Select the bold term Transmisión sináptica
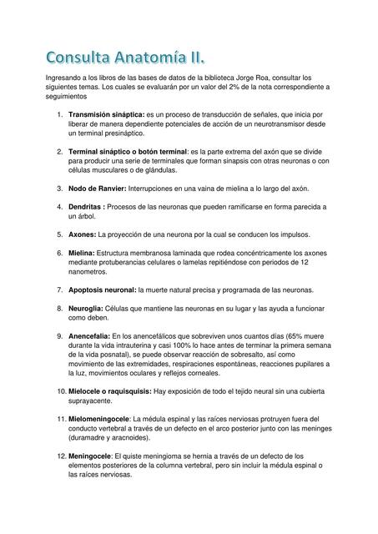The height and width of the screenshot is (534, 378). (106, 114)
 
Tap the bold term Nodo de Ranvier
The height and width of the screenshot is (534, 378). (96, 189)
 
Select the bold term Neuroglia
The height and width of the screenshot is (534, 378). (86, 309)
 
